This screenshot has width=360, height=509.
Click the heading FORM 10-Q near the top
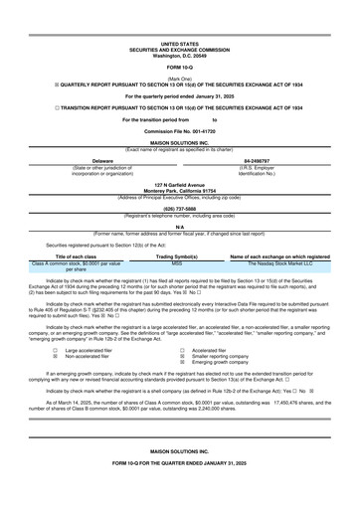(179, 67)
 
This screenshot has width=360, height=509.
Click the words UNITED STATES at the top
(179, 45)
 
